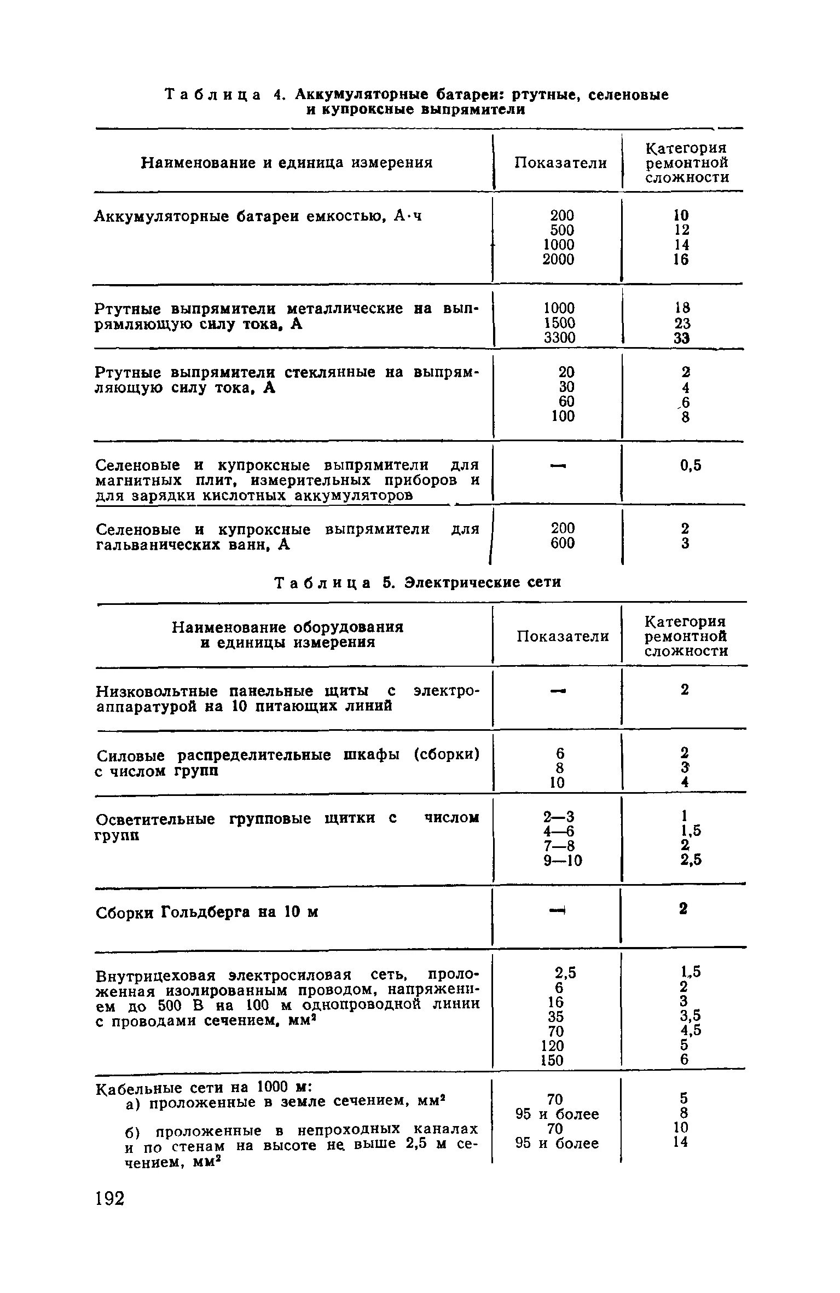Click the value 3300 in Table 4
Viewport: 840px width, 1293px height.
click(x=559, y=338)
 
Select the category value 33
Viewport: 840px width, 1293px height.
click(x=681, y=338)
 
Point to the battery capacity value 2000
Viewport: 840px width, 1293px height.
click(x=558, y=259)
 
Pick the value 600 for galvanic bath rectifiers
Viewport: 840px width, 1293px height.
click(x=563, y=543)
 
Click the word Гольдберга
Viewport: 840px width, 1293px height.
click(x=208, y=913)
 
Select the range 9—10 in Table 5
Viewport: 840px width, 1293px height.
click(x=563, y=861)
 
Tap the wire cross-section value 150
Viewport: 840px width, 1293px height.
click(x=552, y=1060)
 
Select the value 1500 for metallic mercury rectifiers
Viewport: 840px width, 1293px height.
click(x=559, y=324)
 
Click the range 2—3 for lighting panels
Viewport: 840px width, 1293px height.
click(x=559, y=817)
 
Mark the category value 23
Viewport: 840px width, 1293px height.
click(x=681, y=324)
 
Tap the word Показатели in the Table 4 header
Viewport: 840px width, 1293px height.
click(x=560, y=163)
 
